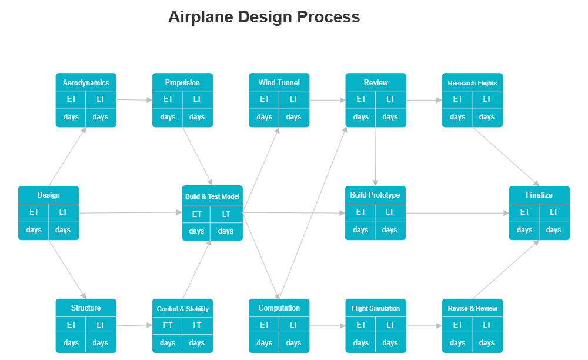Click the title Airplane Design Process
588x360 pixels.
[x=263, y=17]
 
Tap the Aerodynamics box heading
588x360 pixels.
[x=86, y=83]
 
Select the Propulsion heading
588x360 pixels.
[x=182, y=83]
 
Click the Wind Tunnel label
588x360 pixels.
[x=279, y=83]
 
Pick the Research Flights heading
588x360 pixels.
[x=472, y=83]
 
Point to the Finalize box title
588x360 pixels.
[x=539, y=195]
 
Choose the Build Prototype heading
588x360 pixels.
[x=375, y=195]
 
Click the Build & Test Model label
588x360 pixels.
[x=212, y=196]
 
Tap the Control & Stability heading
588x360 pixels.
[x=182, y=309]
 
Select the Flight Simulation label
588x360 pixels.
[x=376, y=308]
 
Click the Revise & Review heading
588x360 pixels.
[x=472, y=308]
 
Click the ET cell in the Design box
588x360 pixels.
[x=34, y=212]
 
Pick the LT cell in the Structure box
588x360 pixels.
[x=101, y=325]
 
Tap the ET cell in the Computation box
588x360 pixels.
[x=265, y=325]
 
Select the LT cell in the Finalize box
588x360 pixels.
[x=554, y=212]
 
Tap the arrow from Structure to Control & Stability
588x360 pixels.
[x=134, y=325]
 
